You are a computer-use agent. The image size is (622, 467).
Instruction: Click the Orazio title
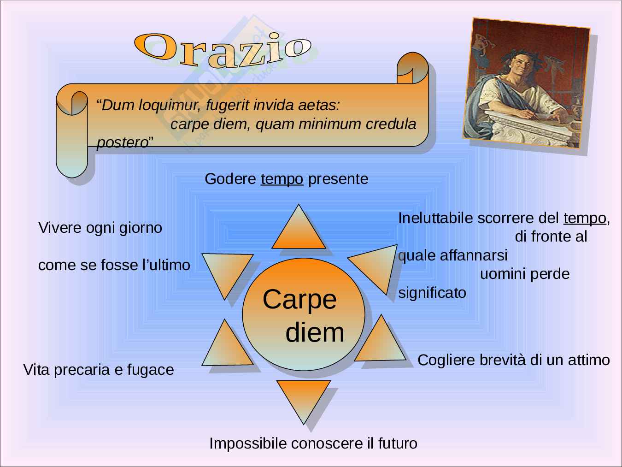tap(223, 50)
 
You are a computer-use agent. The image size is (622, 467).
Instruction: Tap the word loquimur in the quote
tap(170, 106)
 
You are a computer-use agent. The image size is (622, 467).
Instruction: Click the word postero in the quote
tap(123, 142)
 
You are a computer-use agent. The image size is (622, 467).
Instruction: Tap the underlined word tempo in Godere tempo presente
tap(282, 179)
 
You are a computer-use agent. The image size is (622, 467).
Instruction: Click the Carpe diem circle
tap(304, 314)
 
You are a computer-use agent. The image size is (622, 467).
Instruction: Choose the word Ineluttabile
tap(436, 219)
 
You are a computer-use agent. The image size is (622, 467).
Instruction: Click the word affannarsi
tap(474, 255)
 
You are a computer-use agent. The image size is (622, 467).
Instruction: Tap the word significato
tap(432, 293)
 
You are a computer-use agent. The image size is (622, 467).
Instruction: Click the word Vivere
tap(60, 228)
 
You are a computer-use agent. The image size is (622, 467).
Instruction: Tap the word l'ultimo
tap(166, 265)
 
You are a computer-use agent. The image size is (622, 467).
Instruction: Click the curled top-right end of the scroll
tap(412, 68)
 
